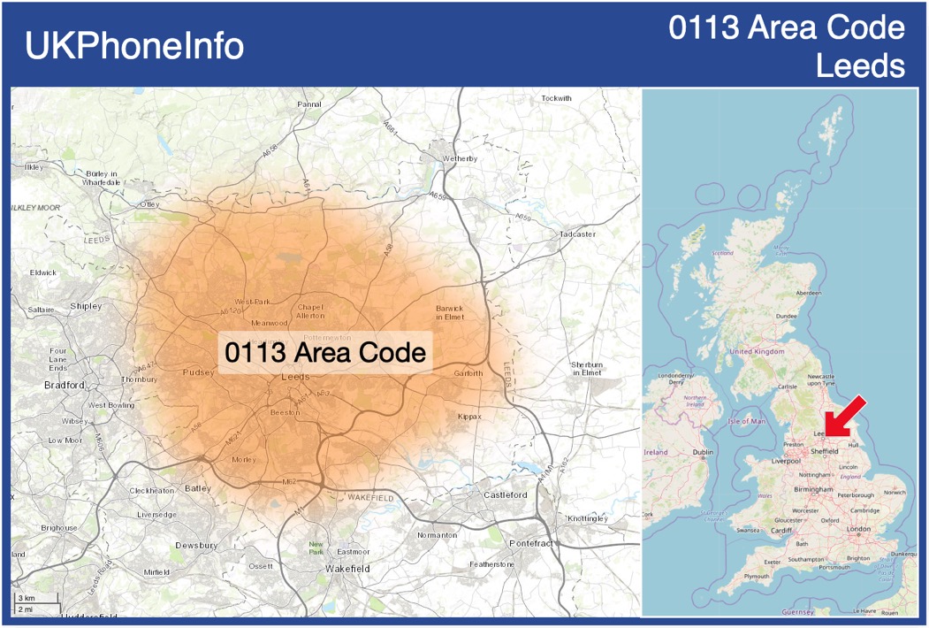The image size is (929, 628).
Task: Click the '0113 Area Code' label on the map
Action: point(325,353)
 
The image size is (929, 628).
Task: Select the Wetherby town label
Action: point(460,158)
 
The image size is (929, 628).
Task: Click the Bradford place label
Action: point(65,385)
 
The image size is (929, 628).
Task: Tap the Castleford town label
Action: point(506,494)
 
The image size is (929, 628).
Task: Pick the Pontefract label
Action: point(530,541)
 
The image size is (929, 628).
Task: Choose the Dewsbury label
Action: point(195,546)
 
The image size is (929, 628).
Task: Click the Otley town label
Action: point(148,204)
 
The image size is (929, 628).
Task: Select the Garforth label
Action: point(468,373)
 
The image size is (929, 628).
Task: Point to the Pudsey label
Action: point(198,372)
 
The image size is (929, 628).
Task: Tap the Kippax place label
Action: point(469,416)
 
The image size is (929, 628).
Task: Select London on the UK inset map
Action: point(858,529)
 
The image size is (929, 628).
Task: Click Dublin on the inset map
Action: point(703,452)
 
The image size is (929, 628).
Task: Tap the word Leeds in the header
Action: point(860,66)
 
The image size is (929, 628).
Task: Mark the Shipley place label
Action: point(86,306)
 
